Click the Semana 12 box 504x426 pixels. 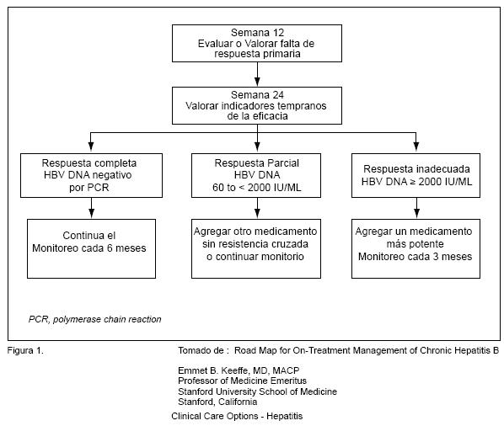pos(257,43)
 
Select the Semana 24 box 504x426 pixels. pos(257,105)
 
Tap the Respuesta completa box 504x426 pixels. pos(91,175)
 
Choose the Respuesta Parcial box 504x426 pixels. pos(256,175)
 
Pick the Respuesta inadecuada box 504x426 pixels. pos(416,175)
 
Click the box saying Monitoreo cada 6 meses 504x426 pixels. pos(91,249)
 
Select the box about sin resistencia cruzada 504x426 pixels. pos(256,249)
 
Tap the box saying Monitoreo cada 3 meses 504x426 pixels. pos(416,249)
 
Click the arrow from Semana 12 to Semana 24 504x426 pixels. pos(257,74)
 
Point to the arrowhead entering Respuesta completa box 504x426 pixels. pos(91,147)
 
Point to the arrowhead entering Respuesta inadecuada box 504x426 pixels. pos(416,147)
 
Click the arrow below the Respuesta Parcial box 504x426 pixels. pos(257,208)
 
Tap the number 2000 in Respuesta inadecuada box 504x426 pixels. pos(430,182)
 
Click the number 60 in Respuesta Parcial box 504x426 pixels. pos(218,188)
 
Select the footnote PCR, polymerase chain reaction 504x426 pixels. pos(95,319)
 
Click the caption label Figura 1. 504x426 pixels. pos(25,350)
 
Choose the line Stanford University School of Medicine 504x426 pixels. pos(257,391)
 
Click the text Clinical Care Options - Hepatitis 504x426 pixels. pos(237,416)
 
